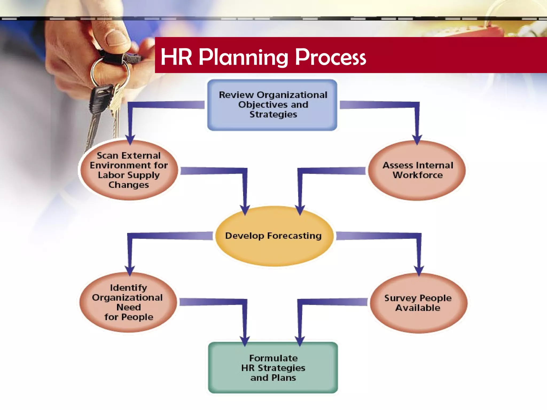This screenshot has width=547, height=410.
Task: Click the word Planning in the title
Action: [243, 58]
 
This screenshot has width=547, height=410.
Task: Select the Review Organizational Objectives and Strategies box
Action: [272, 105]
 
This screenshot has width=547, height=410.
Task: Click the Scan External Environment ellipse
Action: [129, 170]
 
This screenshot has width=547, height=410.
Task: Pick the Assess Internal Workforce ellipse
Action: [417, 170]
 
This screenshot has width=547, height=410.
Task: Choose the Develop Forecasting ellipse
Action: [274, 236]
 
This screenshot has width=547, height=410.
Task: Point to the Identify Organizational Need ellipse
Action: [128, 302]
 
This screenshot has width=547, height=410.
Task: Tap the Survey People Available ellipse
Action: [418, 303]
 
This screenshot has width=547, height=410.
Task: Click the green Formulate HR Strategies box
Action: [273, 368]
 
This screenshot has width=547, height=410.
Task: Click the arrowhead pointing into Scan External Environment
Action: [130, 139]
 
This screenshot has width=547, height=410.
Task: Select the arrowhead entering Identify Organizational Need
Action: [130, 270]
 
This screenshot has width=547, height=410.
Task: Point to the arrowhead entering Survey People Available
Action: [419, 270]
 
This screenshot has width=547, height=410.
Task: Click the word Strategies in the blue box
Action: [273, 115]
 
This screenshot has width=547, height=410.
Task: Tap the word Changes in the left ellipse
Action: [128, 185]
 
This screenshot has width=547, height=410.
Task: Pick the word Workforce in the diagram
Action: [417, 175]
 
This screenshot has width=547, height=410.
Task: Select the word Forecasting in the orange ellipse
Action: [294, 236]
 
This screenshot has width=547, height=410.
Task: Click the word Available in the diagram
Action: [418, 308]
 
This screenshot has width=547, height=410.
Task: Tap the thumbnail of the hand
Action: [117, 37]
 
